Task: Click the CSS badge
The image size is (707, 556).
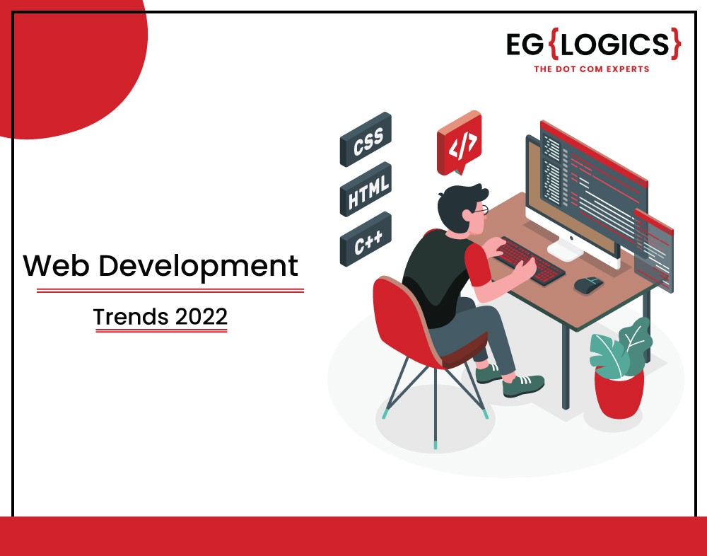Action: point(366,139)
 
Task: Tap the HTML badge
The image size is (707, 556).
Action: point(366,189)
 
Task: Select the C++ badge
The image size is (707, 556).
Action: point(366,238)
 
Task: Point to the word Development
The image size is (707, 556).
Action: point(198,267)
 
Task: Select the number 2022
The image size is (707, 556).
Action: point(201,317)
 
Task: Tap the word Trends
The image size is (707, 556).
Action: point(132,317)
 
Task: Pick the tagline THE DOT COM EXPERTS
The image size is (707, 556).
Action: point(592,69)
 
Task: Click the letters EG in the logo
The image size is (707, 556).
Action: point(525,45)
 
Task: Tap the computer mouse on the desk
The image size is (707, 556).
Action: point(588,285)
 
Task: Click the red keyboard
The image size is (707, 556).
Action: point(531,261)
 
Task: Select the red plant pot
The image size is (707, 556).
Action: point(619,393)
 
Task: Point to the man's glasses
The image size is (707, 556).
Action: point(481,210)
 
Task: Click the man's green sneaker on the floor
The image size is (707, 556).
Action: point(523,386)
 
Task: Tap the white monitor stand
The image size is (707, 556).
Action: point(566,250)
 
